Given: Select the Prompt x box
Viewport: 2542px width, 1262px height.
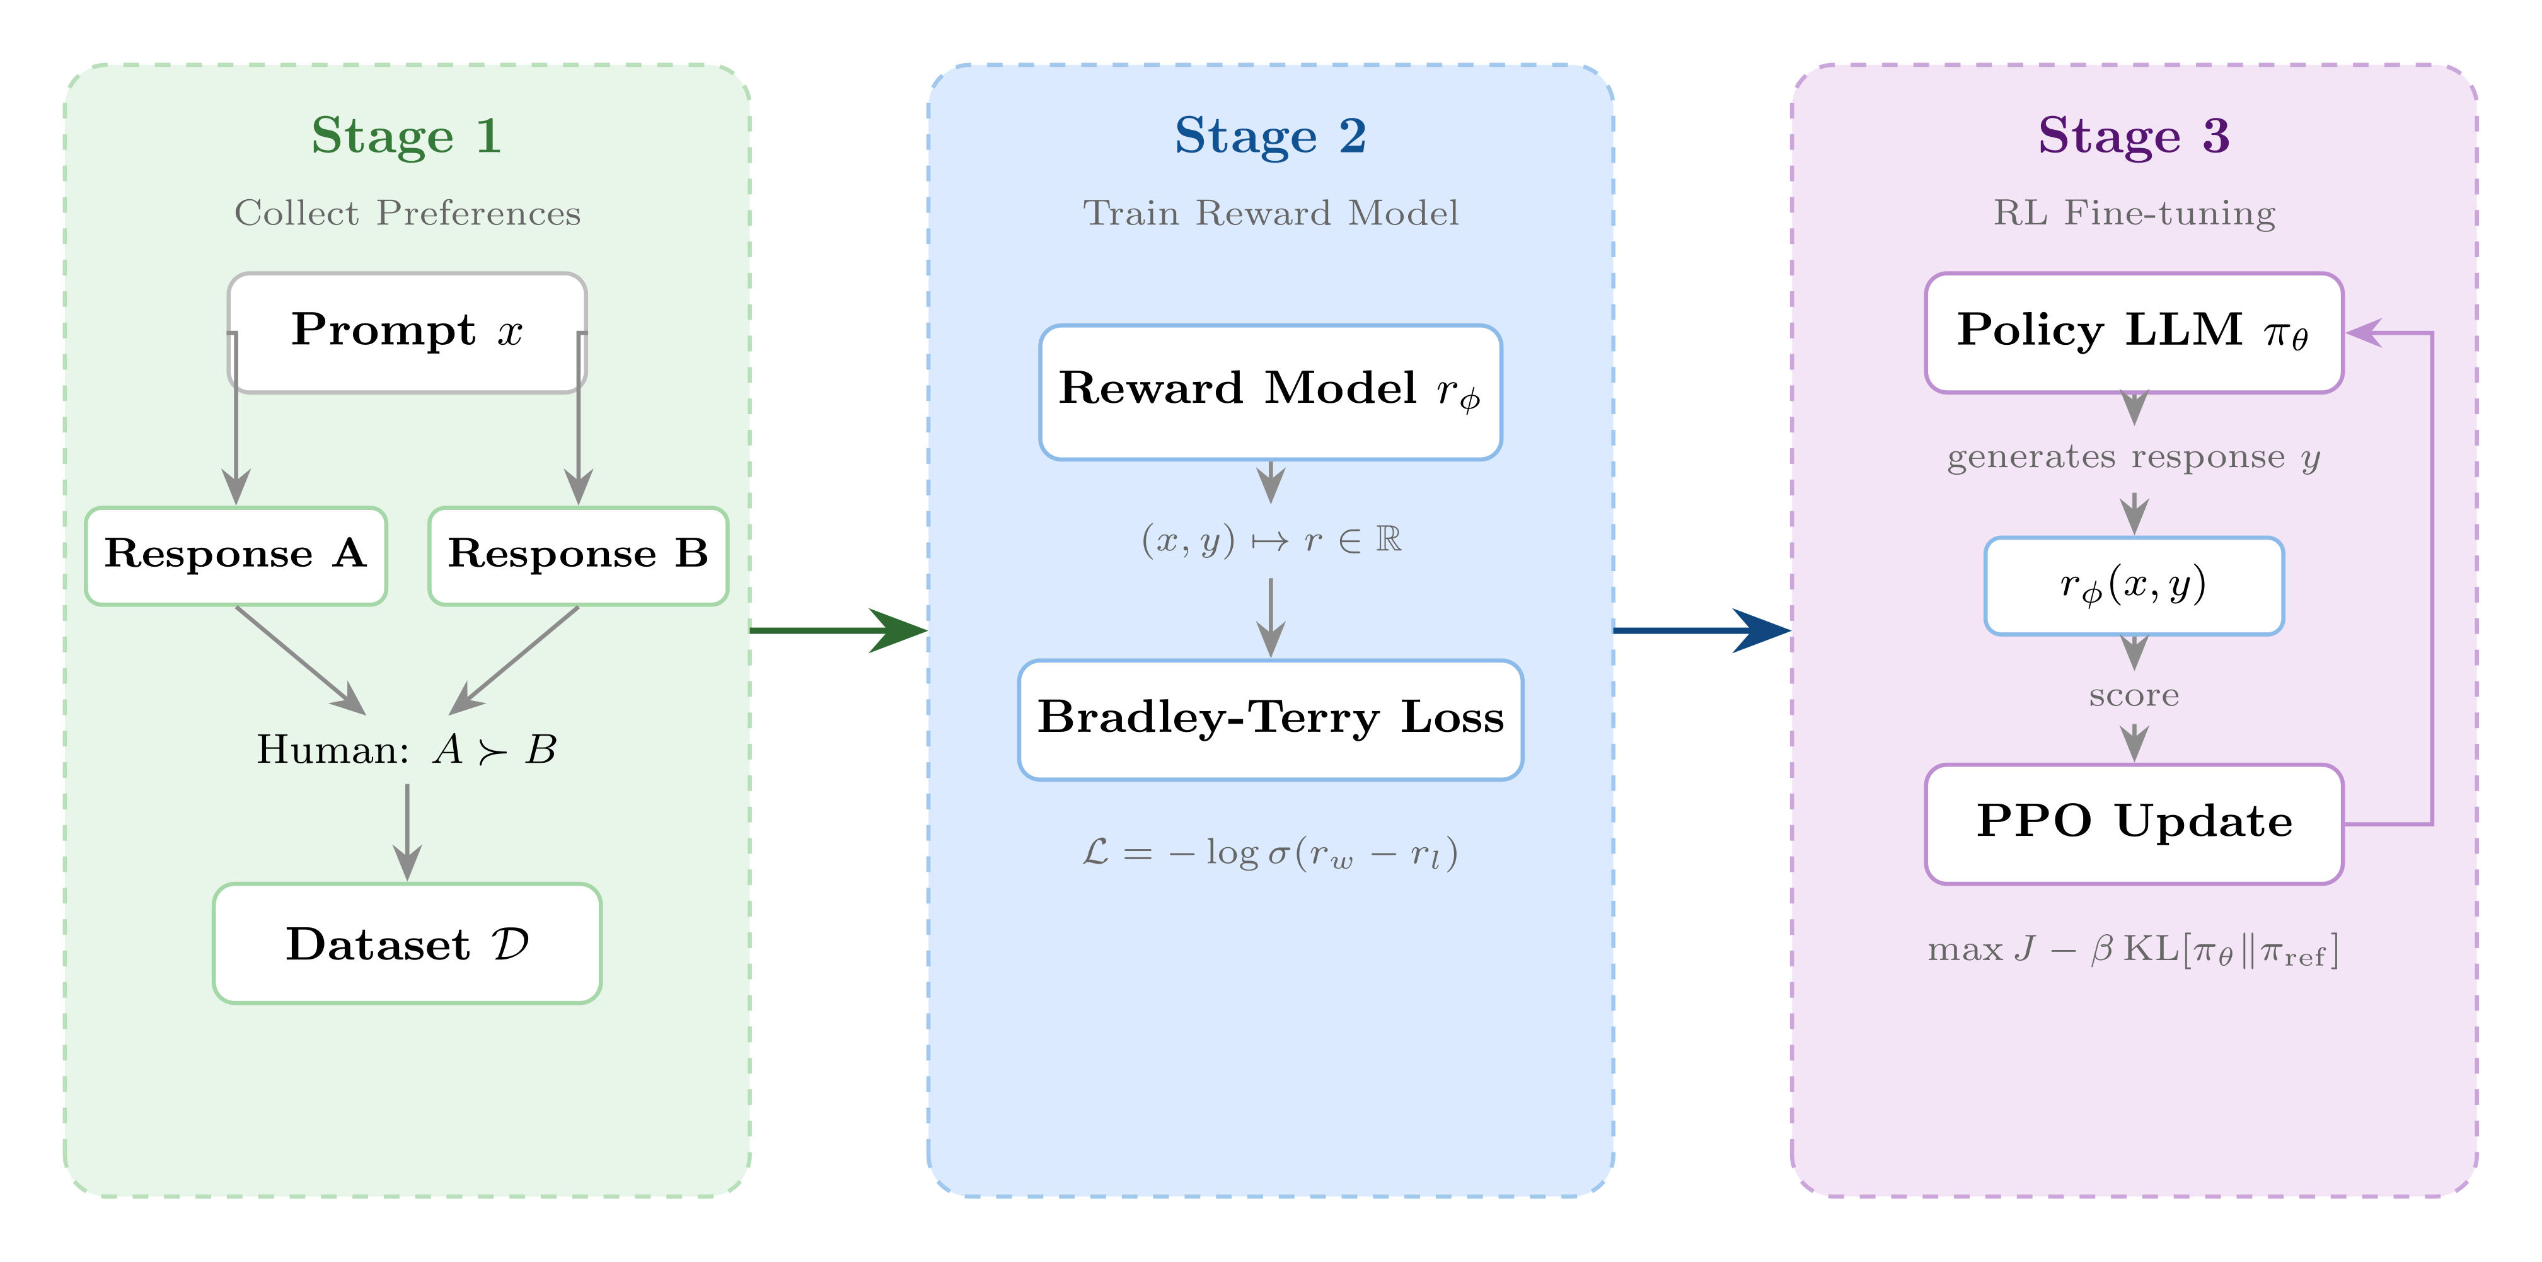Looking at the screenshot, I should pyautogui.click(x=407, y=332).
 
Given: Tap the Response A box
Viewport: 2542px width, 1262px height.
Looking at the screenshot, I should pyautogui.click(x=235, y=555).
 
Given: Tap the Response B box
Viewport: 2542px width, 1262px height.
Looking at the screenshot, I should pyautogui.click(x=578, y=555).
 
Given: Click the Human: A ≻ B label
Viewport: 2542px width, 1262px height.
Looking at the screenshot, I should pyautogui.click(x=407, y=750).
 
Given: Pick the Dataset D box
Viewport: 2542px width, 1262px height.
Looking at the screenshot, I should pyautogui.click(x=407, y=943).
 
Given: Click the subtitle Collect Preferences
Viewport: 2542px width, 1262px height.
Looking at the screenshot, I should pyautogui.click(x=407, y=213).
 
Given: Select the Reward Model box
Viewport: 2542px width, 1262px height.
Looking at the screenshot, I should pyautogui.click(x=1270, y=391).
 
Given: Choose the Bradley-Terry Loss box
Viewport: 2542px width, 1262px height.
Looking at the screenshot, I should pyautogui.click(x=1270, y=719).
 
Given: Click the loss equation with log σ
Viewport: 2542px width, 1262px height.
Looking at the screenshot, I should pyautogui.click(x=1270, y=852).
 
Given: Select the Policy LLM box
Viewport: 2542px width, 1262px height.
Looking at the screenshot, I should pyautogui.click(x=2134, y=332).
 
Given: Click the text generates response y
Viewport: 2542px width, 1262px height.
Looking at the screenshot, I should pyautogui.click(x=2134, y=457).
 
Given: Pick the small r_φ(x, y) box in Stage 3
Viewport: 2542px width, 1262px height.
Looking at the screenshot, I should pyautogui.click(x=2134, y=585).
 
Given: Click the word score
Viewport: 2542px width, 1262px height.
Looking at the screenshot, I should pyautogui.click(x=2134, y=696).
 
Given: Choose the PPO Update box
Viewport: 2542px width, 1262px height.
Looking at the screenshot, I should pyautogui.click(x=2134, y=823).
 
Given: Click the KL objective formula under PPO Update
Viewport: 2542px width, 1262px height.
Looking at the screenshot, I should pyautogui.click(x=2134, y=950).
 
